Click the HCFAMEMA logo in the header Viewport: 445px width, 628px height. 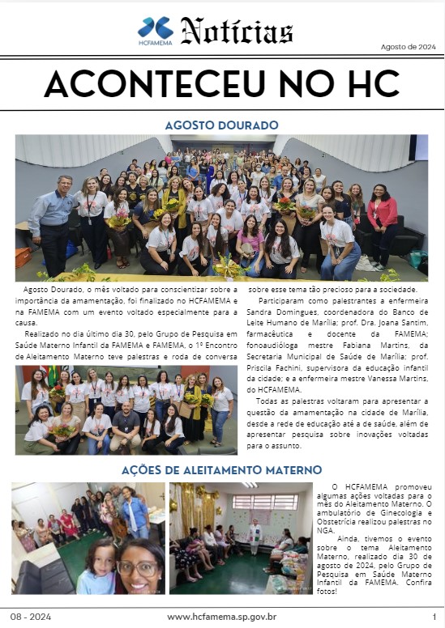point(155,31)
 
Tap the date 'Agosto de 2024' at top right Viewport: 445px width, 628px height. point(407,47)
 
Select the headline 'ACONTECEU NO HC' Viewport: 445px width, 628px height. point(222,83)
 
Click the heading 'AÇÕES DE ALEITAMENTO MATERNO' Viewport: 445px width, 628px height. point(221,469)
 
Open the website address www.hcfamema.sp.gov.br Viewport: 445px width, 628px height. point(222,617)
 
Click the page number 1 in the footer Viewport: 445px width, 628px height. point(434,617)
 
